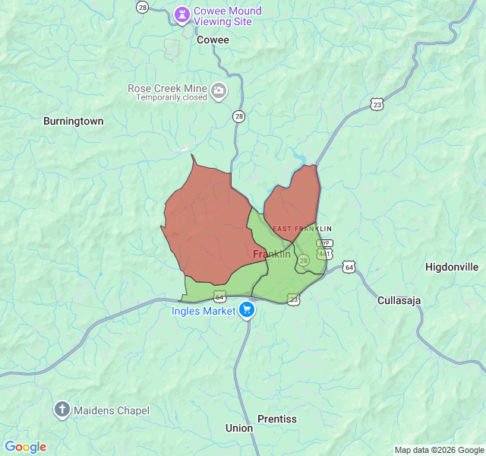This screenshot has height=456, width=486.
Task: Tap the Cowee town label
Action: coord(212,40)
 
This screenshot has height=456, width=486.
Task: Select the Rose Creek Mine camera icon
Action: coord(219,92)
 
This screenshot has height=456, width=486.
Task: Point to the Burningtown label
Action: coord(73,121)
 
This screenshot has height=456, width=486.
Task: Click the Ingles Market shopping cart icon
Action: coord(247,310)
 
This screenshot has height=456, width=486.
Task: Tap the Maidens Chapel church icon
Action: coord(62,410)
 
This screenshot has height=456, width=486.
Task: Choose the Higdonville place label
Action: coord(452,267)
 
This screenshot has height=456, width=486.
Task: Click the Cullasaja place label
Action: coord(399,300)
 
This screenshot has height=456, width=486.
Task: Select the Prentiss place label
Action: coord(277,419)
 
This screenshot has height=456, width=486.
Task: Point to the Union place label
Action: coord(239,428)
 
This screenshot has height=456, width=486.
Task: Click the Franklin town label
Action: coord(271,254)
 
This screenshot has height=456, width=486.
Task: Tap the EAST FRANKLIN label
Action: coord(302,229)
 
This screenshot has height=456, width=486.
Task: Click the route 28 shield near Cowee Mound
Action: coord(142,7)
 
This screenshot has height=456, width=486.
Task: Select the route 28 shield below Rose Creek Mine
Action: coord(239,116)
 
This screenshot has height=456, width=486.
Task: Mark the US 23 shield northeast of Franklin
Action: coord(377,104)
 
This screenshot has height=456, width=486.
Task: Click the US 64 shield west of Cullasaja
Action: coord(349,267)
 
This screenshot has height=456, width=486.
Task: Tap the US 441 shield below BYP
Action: coord(324,253)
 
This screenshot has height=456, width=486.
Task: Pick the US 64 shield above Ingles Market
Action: coord(219,294)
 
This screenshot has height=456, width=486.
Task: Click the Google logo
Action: coord(25,447)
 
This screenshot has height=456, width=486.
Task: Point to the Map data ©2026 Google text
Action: coord(438,450)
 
